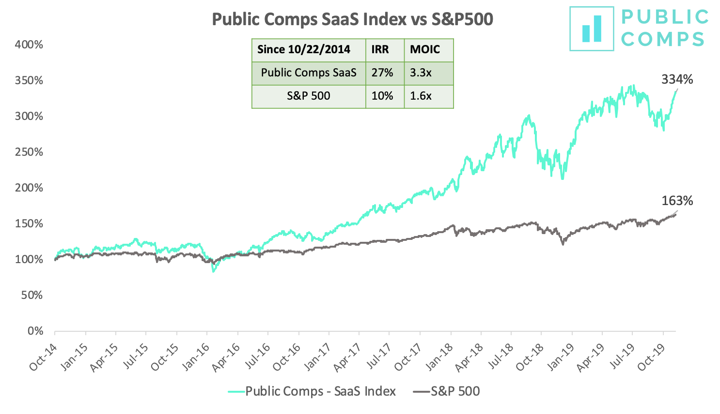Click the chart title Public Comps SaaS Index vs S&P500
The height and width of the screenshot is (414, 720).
(352, 19)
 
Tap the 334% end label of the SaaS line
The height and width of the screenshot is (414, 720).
(677, 79)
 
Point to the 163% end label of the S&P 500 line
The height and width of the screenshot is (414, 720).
(677, 201)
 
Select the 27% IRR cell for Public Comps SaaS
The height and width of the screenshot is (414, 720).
(382, 73)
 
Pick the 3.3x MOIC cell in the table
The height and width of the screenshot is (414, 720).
(421, 73)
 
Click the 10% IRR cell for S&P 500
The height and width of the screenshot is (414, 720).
(382, 96)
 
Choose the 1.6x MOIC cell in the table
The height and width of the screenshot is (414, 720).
(421, 96)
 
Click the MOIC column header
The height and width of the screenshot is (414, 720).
(425, 49)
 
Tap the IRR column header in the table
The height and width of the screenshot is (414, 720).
(380, 49)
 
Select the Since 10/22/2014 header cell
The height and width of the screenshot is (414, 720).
(304, 49)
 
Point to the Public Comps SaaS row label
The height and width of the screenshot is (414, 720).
(309, 73)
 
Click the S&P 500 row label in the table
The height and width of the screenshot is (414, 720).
(309, 96)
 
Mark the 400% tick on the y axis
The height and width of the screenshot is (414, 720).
(29, 45)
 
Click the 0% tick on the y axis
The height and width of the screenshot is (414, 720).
(35, 331)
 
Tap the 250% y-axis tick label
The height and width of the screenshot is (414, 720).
(29, 152)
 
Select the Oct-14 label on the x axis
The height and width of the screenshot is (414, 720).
(44, 357)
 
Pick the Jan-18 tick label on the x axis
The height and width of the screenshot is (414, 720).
(440, 357)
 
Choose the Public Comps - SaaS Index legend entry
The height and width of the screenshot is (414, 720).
(312, 391)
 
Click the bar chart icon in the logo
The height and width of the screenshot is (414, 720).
(592, 29)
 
